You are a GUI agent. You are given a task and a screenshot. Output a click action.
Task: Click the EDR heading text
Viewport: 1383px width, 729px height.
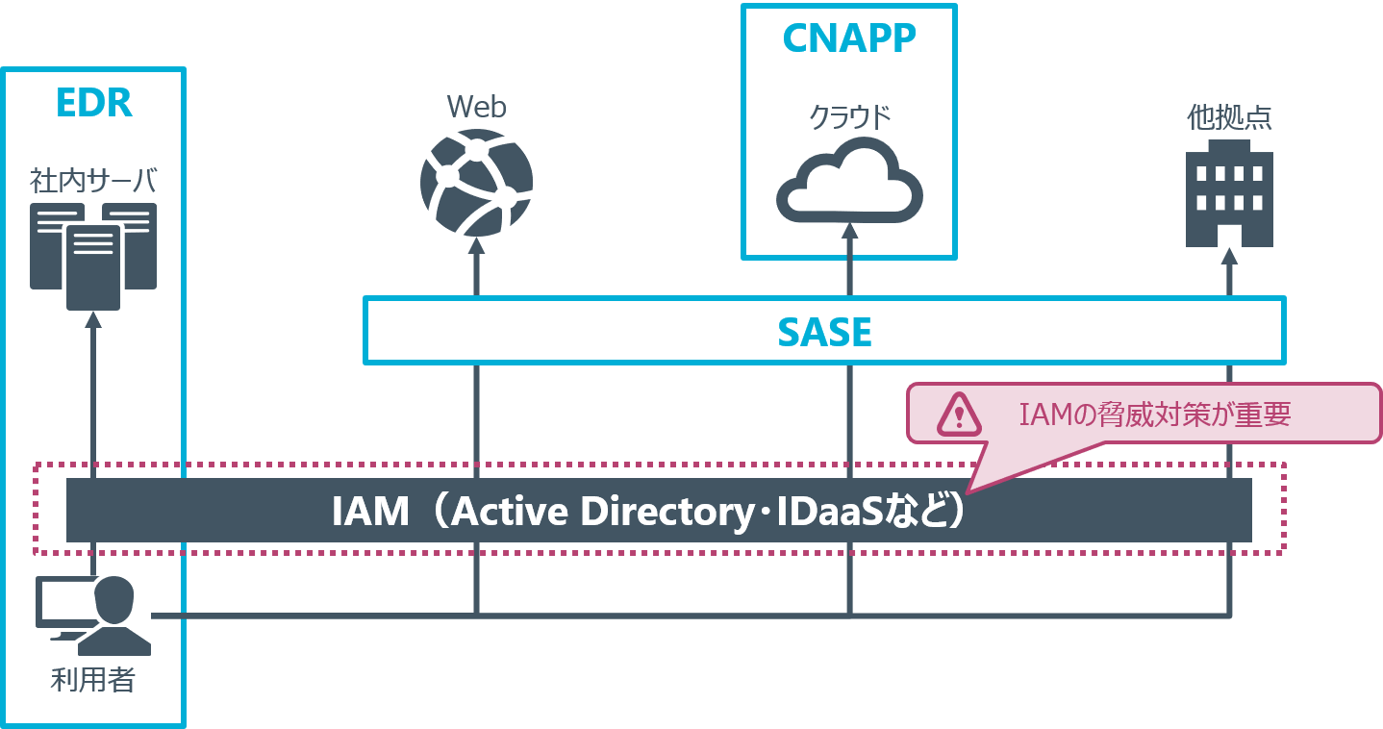click(93, 103)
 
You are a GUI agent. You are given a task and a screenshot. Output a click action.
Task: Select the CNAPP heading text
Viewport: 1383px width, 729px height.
click(849, 38)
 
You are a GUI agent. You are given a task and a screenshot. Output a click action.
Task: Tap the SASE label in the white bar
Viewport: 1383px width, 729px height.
click(824, 332)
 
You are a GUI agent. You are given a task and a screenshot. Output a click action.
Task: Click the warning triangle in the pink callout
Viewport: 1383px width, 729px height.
click(959, 414)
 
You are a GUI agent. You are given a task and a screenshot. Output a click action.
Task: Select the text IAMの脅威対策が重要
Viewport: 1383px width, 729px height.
click(1154, 415)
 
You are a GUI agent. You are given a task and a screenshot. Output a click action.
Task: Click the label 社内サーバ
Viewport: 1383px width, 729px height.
click(93, 180)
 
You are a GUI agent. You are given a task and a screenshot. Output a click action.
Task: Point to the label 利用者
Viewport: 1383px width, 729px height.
click(93, 681)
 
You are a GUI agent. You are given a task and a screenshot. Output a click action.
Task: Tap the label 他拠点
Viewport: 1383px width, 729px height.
click(1229, 117)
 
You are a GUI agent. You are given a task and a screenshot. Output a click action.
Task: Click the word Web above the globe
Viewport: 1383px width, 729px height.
click(476, 107)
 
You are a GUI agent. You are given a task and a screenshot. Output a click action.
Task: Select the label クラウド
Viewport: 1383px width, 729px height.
click(849, 117)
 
